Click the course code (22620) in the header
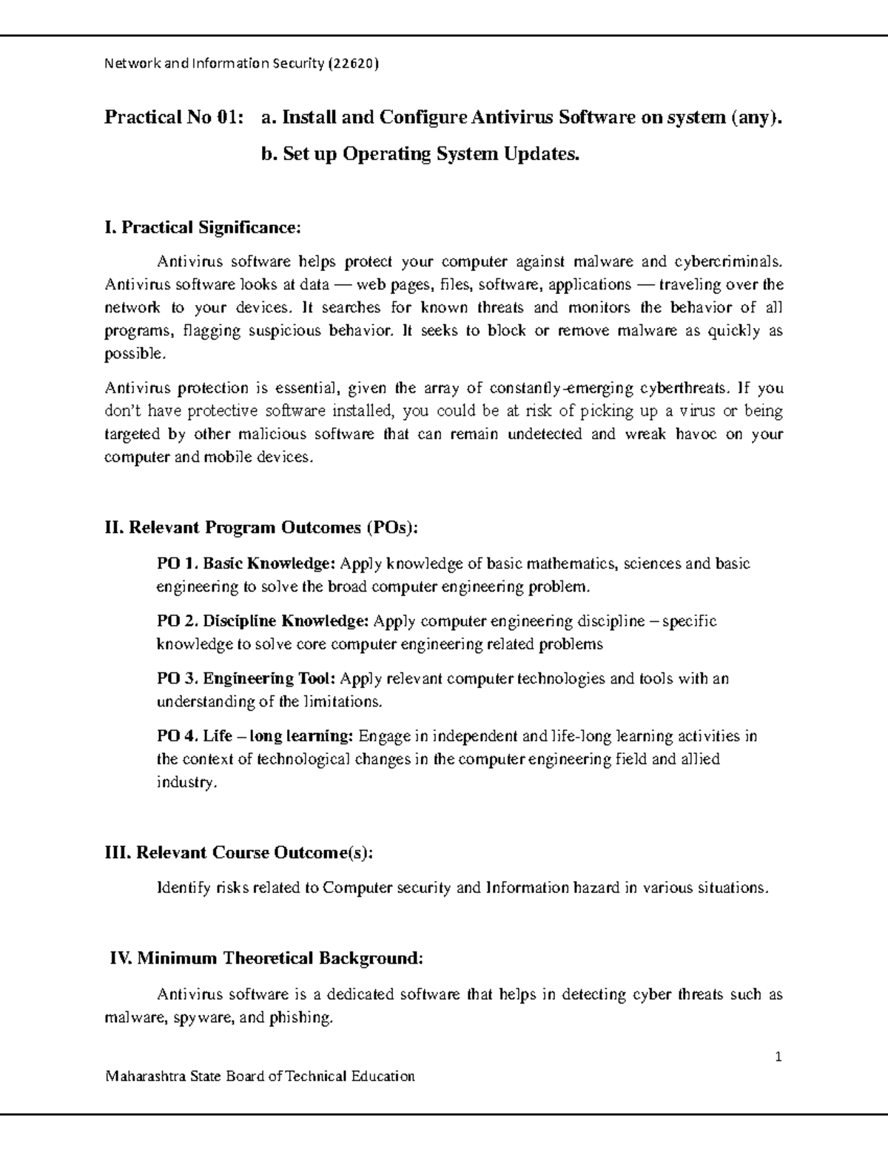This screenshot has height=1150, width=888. (353, 64)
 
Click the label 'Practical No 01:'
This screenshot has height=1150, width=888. (174, 117)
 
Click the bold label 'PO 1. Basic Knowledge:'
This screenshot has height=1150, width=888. (246, 564)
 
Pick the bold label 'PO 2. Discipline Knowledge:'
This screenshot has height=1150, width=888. (263, 621)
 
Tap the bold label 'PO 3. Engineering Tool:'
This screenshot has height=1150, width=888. (247, 678)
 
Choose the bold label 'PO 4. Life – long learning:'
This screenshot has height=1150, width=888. (255, 736)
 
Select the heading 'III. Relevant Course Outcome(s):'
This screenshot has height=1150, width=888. (239, 852)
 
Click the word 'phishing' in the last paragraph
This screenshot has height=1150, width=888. (301, 1017)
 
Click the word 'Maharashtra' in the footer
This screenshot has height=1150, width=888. (145, 1076)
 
